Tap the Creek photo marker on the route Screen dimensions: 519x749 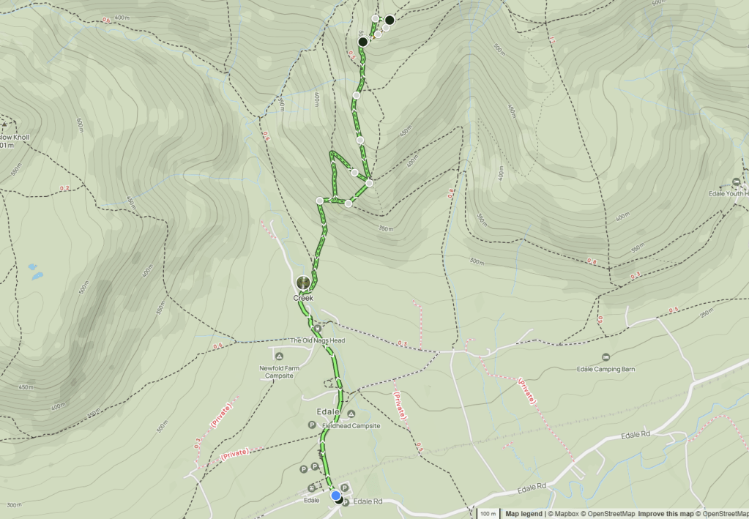[x=302, y=282]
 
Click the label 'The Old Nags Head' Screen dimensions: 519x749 [x=317, y=340]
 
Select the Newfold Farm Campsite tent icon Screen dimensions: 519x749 [x=278, y=356]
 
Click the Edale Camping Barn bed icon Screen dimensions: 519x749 [x=605, y=357]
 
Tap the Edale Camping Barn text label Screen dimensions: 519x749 [x=605, y=370]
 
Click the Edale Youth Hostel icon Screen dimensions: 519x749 [x=737, y=182]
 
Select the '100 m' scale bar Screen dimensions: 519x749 [x=488, y=513]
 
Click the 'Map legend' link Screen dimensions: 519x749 [x=523, y=514]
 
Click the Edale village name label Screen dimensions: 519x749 [x=329, y=411]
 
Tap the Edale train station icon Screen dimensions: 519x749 [x=312, y=488]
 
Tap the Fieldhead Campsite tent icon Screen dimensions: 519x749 [x=351, y=414]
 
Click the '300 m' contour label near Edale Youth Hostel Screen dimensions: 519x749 [x=477, y=261]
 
